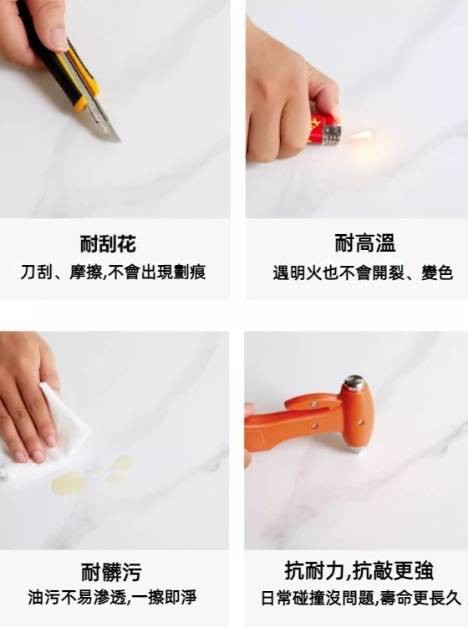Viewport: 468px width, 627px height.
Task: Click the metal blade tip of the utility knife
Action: click(x=120, y=140)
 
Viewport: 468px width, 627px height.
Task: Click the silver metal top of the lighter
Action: click(x=332, y=135)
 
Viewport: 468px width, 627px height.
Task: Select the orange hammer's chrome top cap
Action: click(x=354, y=381)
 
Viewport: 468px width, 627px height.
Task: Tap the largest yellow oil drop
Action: click(x=69, y=482)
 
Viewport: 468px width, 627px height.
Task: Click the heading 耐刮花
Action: click(x=109, y=244)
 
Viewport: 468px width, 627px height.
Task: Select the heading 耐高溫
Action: click(x=365, y=243)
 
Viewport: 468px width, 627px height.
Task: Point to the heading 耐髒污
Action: click(x=111, y=572)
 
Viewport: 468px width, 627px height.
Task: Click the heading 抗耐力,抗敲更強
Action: click(x=359, y=571)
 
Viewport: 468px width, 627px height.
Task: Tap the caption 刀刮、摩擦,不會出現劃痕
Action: click(x=114, y=273)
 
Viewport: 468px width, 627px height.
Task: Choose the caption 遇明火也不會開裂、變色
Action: click(x=363, y=273)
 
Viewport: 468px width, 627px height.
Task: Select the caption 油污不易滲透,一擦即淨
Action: click(x=112, y=598)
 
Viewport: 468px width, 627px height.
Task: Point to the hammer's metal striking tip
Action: click(x=355, y=450)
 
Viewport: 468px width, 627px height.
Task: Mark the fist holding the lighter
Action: click(x=284, y=104)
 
